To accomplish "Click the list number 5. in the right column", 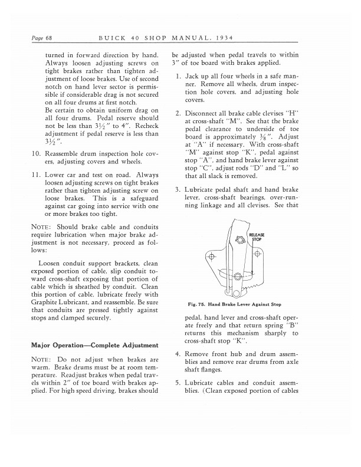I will (178, 384).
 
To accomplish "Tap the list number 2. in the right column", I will (178, 113).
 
